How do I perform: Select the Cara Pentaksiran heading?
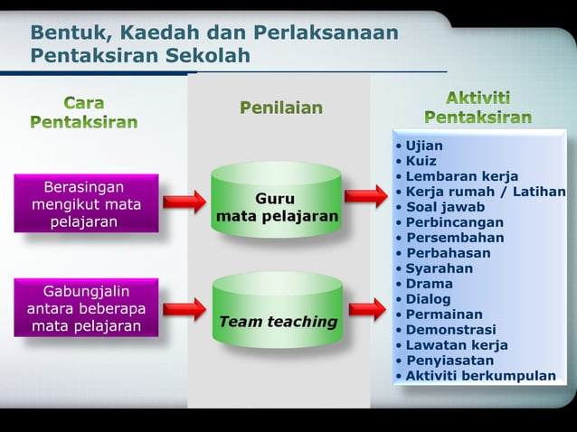(84, 110)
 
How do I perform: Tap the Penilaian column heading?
(280, 108)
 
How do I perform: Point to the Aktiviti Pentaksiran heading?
(478, 108)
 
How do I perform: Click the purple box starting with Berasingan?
(84, 204)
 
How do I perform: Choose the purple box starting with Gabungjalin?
(84, 308)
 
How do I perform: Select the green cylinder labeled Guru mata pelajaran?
(277, 202)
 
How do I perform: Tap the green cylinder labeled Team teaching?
(277, 312)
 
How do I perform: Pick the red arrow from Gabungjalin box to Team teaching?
(184, 309)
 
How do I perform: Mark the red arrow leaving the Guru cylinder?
(366, 195)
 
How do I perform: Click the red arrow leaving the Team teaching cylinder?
(366, 309)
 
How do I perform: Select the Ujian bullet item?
(423, 146)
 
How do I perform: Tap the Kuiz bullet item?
(421, 161)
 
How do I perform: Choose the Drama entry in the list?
(428, 284)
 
